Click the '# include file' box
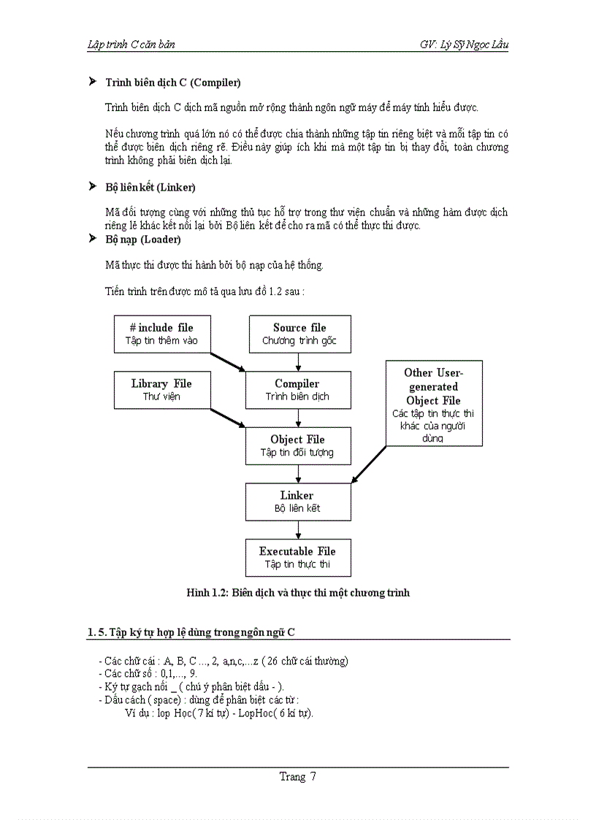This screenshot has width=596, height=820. (162, 334)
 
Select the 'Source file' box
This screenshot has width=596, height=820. (299, 334)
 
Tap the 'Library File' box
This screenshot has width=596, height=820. (162, 389)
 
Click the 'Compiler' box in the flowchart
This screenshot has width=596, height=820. (297, 389)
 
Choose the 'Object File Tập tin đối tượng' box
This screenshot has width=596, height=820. (297, 445)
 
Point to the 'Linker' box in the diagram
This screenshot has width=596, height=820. (297, 501)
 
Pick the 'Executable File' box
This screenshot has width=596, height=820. (297, 557)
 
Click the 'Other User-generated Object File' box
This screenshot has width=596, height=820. (433, 403)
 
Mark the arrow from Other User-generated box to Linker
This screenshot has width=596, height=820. (369, 464)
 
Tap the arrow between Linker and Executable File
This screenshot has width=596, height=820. (298, 529)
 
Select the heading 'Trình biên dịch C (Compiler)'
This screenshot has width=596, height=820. (173, 83)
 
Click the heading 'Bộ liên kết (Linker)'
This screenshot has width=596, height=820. (150, 188)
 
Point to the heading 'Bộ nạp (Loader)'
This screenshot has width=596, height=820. (143, 240)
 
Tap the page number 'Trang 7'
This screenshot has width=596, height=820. (298, 777)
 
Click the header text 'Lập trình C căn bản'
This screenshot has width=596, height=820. (131, 45)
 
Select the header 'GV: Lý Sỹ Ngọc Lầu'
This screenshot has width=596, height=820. (464, 45)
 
